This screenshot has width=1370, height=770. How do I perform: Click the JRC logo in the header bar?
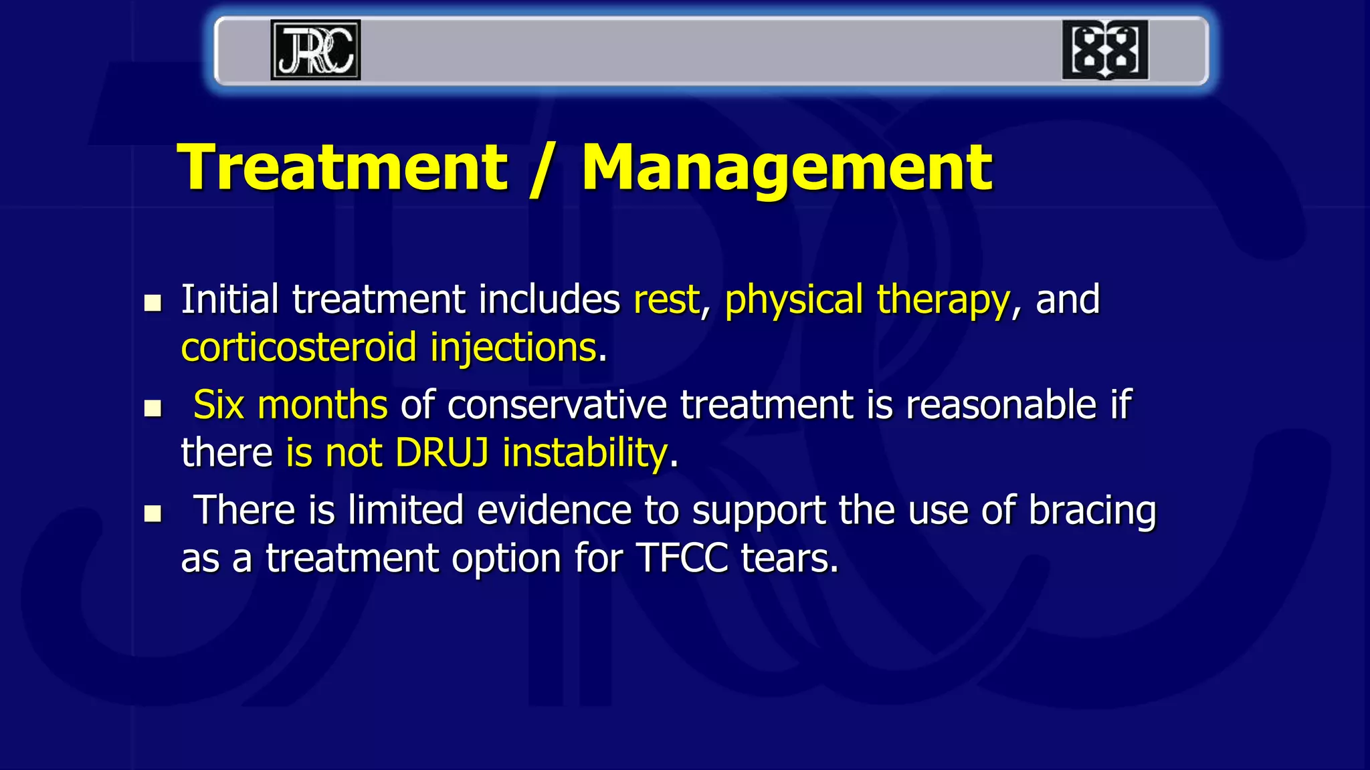315,50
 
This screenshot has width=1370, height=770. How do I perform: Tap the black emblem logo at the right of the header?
1105,50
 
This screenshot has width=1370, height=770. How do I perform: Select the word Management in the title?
787,168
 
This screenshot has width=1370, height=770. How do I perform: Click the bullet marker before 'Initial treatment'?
153,303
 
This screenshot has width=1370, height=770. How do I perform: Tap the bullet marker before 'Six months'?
153,408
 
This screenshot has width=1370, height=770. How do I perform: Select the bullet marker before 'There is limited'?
153,513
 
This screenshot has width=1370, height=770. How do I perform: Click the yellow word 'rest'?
666,299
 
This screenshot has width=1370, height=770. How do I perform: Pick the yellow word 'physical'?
793,301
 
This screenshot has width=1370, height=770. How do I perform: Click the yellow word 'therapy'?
943,301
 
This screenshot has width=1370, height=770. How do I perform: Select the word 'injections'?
513,349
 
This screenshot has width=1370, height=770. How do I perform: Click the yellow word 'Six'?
218,405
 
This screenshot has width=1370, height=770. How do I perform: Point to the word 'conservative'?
557,405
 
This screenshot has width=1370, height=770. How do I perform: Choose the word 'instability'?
585,454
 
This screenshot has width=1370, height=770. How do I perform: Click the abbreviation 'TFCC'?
682,558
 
